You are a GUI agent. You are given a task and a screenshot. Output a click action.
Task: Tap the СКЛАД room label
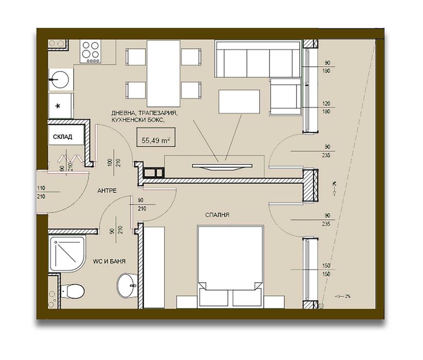point(61,137)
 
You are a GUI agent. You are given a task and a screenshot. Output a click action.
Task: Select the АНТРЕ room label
point(107,191)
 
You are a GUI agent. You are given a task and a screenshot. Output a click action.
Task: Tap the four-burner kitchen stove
point(91,51)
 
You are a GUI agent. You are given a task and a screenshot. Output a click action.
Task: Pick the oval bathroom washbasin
point(126,284)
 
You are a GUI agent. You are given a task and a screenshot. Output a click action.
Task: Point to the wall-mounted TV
point(222,166)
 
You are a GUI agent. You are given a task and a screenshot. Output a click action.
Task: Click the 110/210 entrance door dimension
point(41,192)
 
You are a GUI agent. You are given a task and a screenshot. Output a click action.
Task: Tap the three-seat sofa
point(258,61)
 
